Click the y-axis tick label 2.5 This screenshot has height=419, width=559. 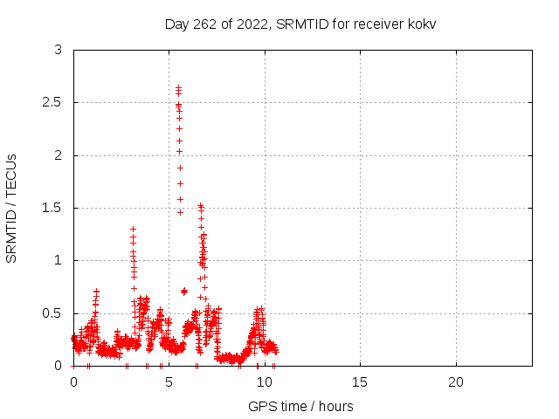pyautogui.click(x=52, y=103)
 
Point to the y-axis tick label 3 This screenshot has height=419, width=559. pyautogui.click(x=59, y=50)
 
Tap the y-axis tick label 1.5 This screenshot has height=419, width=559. pyautogui.click(x=52, y=208)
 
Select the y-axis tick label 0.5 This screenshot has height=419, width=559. pyautogui.click(x=52, y=313)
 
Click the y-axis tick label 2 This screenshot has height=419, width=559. pyautogui.click(x=59, y=155)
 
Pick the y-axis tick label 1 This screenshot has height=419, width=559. pyautogui.click(x=59, y=260)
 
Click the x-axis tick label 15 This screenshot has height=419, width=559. pyautogui.click(x=360, y=382)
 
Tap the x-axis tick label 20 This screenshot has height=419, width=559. pyautogui.click(x=456, y=382)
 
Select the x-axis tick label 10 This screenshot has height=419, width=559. pyautogui.click(x=265, y=382)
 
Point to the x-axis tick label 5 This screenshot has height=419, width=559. pyautogui.click(x=169, y=382)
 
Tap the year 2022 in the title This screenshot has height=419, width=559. pyautogui.click(x=252, y=24)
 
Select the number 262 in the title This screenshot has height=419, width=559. pyautogui.click(x=204, y=24)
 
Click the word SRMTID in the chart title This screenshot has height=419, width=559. pyautogui.click(x=302, y=24)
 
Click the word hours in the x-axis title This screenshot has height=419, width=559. pyautogui.click(x=335, y=406)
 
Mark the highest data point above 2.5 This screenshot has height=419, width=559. pyautogui.click(x=178, y=87)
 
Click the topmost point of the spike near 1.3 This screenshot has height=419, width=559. pyautogui.click(x=133, y=229)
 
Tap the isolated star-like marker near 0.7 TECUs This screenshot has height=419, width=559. pyautogui.click(x=184, y=292)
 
